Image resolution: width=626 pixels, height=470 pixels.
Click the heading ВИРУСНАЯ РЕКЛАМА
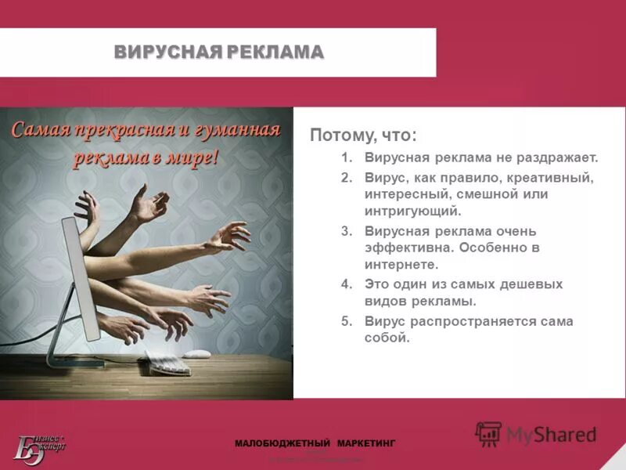[218, 52]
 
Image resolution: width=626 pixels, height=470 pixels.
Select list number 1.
[347, 157]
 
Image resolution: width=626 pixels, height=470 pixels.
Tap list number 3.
[347, 232]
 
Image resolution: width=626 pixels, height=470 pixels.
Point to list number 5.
[347, 322]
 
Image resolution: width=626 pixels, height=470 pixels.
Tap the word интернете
[400, 265]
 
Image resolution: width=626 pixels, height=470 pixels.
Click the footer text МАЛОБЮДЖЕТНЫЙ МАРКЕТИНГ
[315, 443]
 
